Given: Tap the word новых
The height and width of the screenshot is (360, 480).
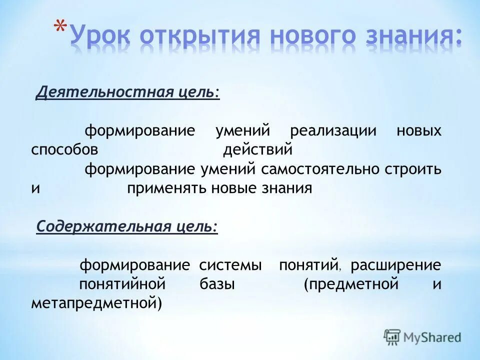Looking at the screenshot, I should [x=419, y=131].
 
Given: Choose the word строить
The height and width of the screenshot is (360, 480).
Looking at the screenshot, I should [x=413, y=169].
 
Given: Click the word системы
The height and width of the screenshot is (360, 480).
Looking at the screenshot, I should [x=230, y=265].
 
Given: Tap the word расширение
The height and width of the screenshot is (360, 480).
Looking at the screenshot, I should [x=395, y=265].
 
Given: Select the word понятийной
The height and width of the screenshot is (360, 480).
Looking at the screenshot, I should [x=122, y=284].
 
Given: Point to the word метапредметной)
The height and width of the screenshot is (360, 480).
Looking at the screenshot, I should [x=96, y=303].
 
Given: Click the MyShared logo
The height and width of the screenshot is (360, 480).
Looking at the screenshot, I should [x=422, y=337].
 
